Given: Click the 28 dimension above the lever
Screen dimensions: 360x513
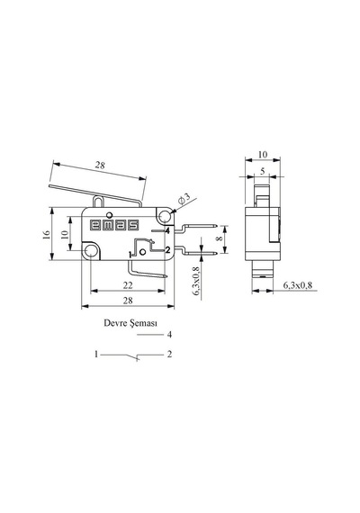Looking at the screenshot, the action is point(100,165).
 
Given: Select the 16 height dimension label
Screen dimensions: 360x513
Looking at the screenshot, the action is point(47,234).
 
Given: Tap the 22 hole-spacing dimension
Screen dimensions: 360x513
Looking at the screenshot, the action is point(128,285).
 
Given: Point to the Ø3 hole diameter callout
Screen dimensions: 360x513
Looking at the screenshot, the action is point(184,199).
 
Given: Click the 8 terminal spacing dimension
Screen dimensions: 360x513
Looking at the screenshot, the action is point(220,238).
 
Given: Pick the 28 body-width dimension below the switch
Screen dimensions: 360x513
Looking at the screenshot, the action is point(128,301).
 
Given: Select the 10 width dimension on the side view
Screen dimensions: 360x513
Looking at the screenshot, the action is point(263,155).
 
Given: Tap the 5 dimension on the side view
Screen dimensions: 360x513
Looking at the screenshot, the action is point(262,171).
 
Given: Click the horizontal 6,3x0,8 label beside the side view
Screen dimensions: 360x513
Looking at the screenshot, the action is point(297,285).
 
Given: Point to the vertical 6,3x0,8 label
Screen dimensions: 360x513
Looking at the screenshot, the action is point(196,282).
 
